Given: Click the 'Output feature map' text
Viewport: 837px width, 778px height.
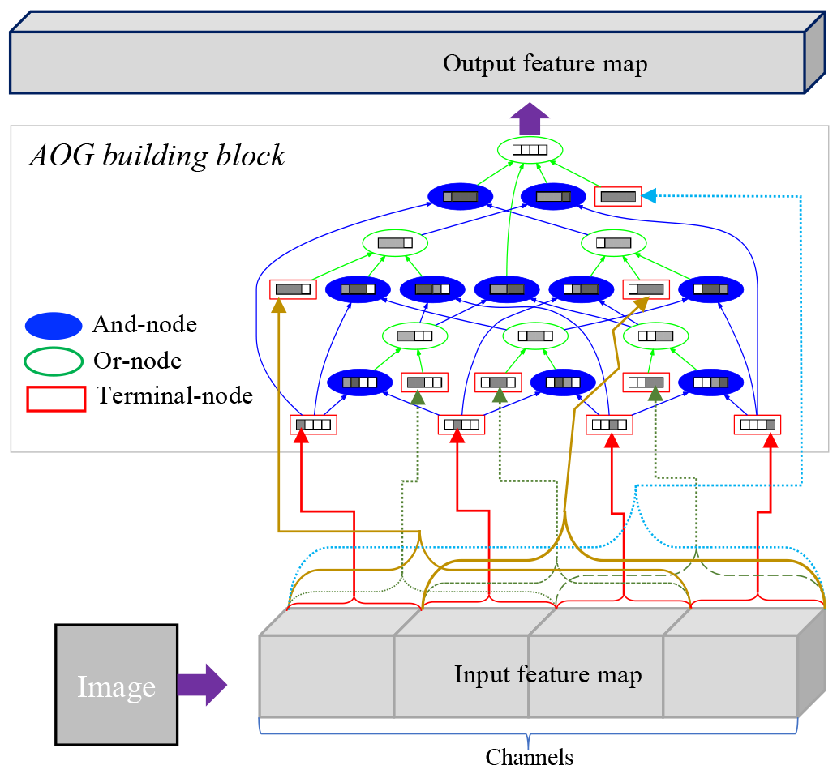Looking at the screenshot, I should pos(544,64).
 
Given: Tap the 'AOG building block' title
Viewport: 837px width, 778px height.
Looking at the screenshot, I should pos(157,155).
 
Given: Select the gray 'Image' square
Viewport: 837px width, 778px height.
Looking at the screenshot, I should pos(116,685).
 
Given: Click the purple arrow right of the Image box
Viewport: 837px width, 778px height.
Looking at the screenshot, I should pos(202,685).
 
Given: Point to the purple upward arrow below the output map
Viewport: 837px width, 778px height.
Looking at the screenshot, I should pos(530,118).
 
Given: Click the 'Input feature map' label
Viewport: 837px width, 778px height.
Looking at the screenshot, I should pos(547,675).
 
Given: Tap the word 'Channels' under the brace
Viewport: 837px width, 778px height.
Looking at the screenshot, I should pos(529,758).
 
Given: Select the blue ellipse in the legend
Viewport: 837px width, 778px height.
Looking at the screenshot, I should pos(54,326).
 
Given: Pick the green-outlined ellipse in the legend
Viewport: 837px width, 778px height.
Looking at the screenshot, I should pos(54,361).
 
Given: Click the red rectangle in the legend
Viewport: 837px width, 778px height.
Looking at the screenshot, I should pos(56,399).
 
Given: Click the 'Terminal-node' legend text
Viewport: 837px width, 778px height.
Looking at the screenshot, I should pos(174,396).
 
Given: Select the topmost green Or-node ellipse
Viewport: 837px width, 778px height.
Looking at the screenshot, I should pos(530,149).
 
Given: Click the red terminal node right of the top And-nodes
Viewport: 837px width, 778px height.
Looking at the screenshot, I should pos(618,196).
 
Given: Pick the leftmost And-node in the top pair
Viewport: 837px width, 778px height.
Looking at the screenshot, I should pos(460,196).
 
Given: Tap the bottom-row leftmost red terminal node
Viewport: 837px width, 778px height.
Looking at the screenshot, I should pos(313,424).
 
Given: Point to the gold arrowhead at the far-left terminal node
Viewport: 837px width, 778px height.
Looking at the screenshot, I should pos(279,306).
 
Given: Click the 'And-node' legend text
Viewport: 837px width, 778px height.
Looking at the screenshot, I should pos(144,325).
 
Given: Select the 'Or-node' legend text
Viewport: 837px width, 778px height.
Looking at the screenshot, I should pos(137,361).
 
